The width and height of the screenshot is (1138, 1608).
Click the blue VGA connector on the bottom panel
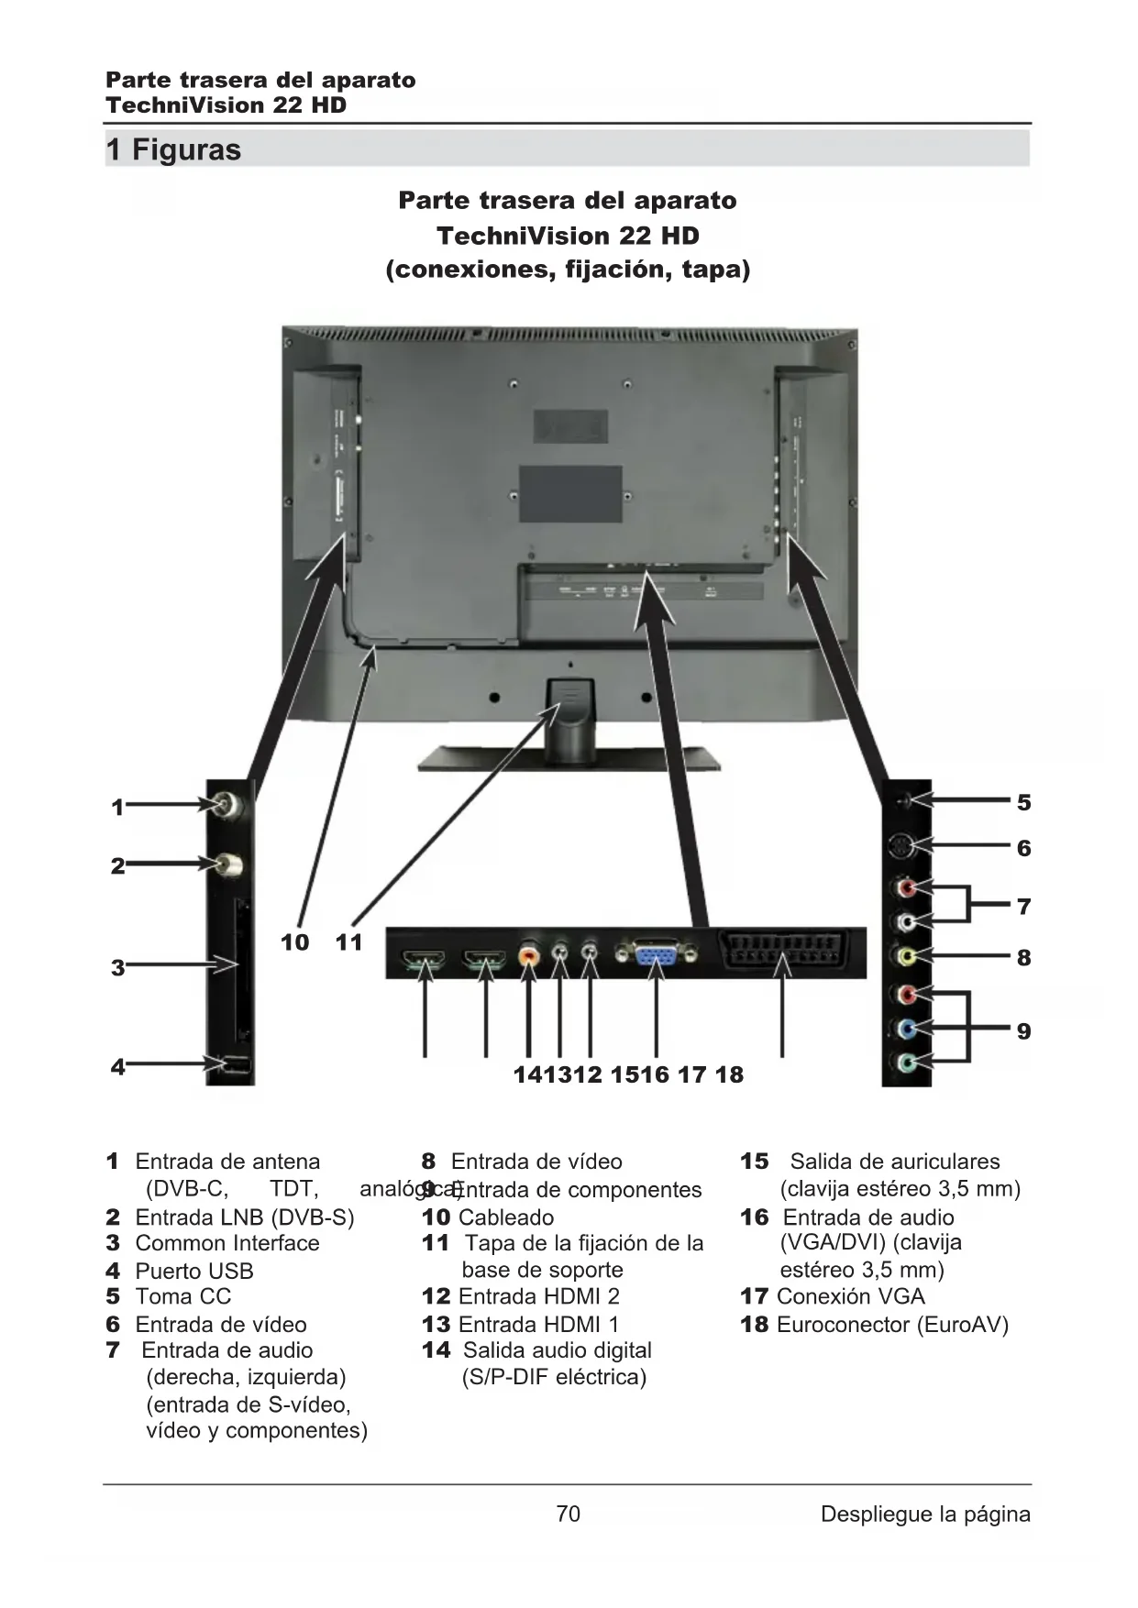(656, 955)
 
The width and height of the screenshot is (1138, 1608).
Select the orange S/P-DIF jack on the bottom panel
(529, 955)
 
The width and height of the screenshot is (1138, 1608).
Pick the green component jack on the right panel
(906, 1063)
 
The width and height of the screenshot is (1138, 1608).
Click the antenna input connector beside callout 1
(228, 806)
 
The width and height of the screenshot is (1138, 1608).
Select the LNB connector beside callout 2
(229, 864)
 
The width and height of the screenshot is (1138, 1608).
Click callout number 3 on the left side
(117, 967)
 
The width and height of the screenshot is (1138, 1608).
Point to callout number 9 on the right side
(1023, 1031)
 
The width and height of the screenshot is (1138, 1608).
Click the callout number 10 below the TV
(294, 942)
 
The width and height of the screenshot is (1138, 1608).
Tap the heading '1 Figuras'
(174, 149)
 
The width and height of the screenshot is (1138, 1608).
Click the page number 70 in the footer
(568, 1513)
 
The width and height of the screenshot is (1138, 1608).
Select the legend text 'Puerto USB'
(193, 1271)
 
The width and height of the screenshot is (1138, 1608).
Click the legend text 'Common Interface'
(227, 1243)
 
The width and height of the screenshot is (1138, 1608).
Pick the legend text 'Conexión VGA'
(850, 1296)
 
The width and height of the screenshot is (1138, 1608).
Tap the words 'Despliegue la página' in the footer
(924, 1514)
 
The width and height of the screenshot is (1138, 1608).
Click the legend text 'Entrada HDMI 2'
(538, 1296)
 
